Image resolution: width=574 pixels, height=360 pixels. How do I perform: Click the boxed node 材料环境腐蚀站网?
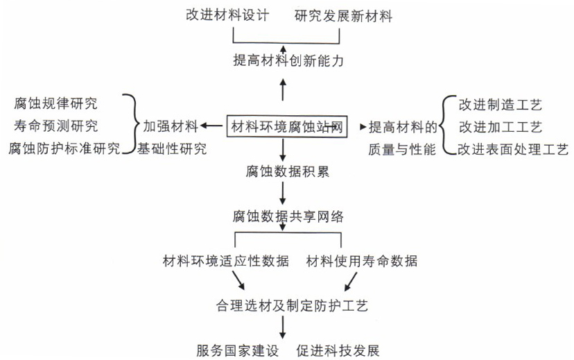[x=286, y=127]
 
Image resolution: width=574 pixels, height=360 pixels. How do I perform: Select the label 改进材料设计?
[x=227, y=15]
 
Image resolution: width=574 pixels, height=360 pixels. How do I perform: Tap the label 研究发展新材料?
[x=343, y=16]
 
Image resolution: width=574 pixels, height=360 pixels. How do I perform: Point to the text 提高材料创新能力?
[x=288, y=60]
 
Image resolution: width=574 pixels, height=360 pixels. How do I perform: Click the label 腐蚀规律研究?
[x=56, y=103]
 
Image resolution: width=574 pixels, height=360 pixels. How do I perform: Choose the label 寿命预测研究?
[x=56, y=126]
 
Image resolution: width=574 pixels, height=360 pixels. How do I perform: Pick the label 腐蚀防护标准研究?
[x=64, y=148]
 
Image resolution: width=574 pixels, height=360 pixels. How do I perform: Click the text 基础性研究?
[x=172, y=148]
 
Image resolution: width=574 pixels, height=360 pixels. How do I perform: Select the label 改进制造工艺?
[x=501, y=105]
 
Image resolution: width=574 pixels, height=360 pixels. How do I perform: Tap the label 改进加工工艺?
[x=501, y=127]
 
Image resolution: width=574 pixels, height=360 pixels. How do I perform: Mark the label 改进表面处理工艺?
[x=513, y=149]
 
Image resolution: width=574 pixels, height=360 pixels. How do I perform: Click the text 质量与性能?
[x=402, y=149]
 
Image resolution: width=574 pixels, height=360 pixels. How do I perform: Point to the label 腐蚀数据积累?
[x=288, y=171]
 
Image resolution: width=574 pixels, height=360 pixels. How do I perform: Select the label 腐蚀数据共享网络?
[x=288, y=216]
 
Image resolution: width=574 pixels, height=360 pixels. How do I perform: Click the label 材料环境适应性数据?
[x=226, y=261]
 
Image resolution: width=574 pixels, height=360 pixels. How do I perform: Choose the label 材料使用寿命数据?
[x=362, y=261]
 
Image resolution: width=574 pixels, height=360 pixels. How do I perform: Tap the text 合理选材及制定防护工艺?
[x=292, y=305]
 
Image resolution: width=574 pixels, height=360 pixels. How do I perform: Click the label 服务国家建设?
[x=238, y=350]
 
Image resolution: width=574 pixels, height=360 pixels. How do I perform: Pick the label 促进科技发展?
[x=338, y=350]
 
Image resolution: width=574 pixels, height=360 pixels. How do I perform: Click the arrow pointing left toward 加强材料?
[x=211, y=126]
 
